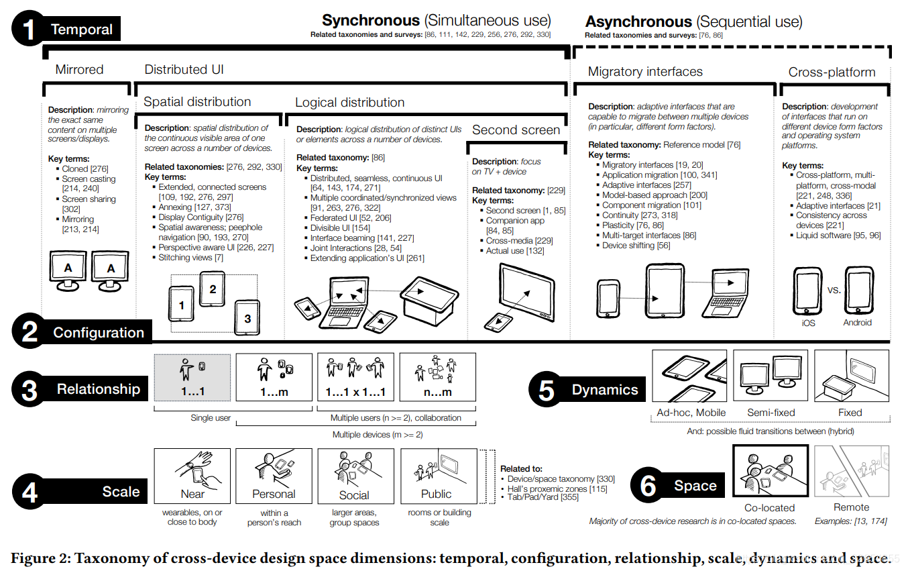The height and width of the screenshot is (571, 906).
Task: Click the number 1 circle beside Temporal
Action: [28, 30]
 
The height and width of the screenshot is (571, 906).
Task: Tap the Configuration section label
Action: [99, 333]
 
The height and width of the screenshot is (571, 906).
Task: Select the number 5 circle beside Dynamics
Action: [547, 390]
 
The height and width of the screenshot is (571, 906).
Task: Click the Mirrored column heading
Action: [79, 70]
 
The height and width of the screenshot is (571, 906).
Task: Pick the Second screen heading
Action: [516, 130]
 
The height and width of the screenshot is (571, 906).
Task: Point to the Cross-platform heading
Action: [832, 72]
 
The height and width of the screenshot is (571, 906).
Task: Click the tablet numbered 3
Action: [247, 318]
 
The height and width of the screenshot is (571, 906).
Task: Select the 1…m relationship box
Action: [274, 377]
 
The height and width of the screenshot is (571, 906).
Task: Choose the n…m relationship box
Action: [437, 377]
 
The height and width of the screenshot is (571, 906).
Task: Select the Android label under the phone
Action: [857, 323]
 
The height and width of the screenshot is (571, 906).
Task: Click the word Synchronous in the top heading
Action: [370, 21]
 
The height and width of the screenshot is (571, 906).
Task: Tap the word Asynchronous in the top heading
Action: [638, 21]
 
